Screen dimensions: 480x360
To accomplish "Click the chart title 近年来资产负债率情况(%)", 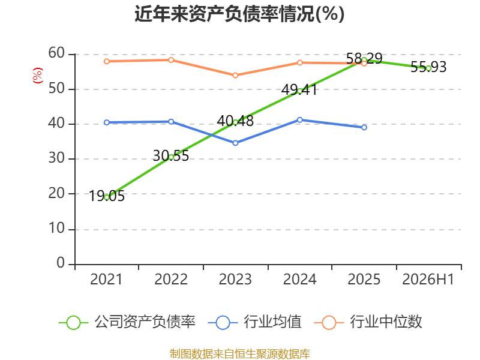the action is click(239, 14).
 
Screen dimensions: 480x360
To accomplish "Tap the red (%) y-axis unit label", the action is click(38, 76).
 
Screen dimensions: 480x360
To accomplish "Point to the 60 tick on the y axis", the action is click(56, 53).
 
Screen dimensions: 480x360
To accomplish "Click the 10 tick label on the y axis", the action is click(56, 229).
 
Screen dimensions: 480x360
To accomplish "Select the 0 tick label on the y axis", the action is click(61, 263).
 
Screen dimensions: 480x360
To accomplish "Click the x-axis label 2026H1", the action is click(428, 279).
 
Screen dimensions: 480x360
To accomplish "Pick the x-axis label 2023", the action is click(235, 279).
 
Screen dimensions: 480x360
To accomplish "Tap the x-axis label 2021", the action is click(106, 279).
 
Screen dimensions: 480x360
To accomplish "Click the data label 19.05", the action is click(107, 196).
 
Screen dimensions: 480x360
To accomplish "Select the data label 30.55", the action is click(171, 156).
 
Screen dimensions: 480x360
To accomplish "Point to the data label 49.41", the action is click(299, 89).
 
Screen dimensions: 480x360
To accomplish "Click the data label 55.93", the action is click(428, 67).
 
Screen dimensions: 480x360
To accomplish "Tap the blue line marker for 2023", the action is click(235, 143).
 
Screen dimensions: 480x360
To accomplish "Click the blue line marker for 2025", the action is click(364, 127).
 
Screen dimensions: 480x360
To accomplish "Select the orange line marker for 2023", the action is click(235, 76).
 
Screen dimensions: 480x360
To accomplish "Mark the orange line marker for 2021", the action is click(107, 62).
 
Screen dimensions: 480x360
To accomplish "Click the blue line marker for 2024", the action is click(299, 120).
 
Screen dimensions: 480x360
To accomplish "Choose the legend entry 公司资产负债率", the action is click(127, 322).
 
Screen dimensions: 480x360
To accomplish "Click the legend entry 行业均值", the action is click(254, 322).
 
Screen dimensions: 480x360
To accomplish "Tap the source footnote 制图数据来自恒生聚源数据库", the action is click(239, 354).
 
